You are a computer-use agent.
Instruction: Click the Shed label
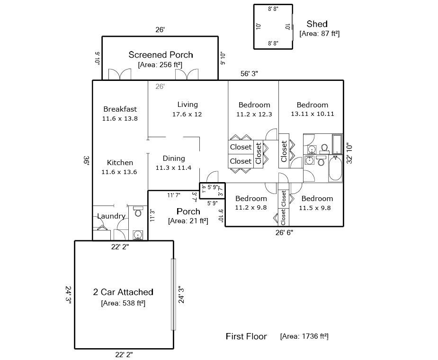[317, 24]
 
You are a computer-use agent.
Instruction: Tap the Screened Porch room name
[161, 55]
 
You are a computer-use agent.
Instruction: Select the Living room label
[188, 105]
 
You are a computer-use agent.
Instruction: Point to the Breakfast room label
[120, 109]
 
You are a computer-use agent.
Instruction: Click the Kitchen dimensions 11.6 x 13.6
[119, 172]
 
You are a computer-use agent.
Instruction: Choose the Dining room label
[174, 158]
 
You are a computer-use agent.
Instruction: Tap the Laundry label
[111, 216]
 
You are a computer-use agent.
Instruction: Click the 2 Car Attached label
[123, 292]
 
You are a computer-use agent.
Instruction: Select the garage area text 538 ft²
[123, 303]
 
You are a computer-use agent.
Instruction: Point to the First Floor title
[246, 336]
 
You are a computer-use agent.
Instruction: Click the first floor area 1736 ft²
[304, 336]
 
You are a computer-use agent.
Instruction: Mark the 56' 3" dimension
[249, 74]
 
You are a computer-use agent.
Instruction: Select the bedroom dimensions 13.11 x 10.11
[313, 114]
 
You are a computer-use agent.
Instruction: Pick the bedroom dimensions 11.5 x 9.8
[315, 208]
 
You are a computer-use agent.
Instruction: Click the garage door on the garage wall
[173, 294]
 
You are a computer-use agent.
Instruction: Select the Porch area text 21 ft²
[188, 221]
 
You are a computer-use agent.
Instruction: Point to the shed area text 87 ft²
[320, 34]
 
